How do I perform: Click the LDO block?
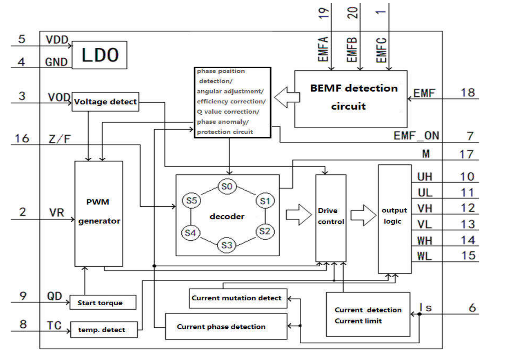tap(100, 55)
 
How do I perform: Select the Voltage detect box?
tap(106, 102)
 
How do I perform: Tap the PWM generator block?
tap(99, 214)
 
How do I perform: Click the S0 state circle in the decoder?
tap(226, 187)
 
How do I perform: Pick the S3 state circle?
tap(227, 245)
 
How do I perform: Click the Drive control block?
tap(331, 217)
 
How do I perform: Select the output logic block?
tap(395, 219)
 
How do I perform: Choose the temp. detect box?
tap(104, 329)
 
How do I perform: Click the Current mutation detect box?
tap(237, 298)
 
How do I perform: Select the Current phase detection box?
tap(226, 326)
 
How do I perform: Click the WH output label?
tap(425, 240)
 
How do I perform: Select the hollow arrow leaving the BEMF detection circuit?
tap(286, 98)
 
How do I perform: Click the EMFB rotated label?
tap(352, 49)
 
